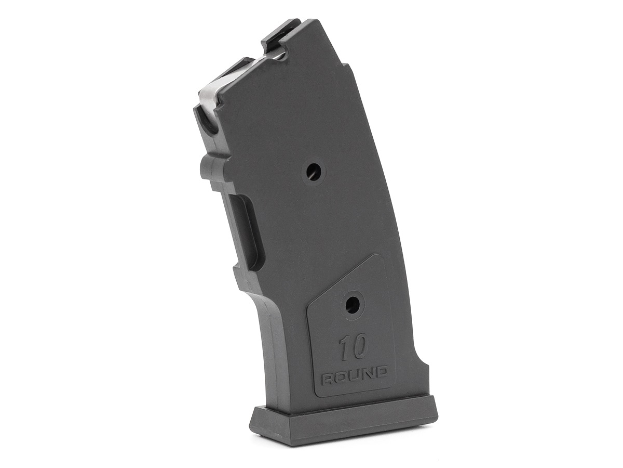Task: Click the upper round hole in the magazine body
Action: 314,172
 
